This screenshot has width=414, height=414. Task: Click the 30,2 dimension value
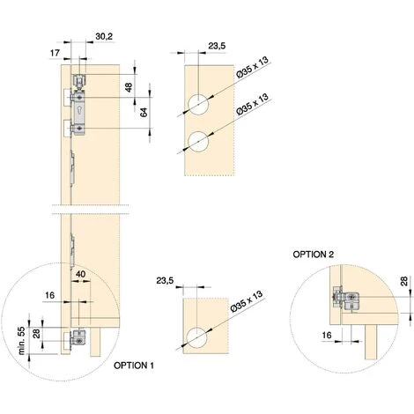(x=104, y=37)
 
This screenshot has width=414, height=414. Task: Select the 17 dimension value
(x=55, y=53)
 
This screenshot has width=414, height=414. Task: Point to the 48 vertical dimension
(x=129, y=87)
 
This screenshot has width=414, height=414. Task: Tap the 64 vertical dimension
(x=144, y=113)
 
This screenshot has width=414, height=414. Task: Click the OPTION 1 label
(x=134, y=366)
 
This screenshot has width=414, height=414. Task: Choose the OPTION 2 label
(x=314, y=255)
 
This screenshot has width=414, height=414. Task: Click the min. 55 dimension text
(x=22, y=341)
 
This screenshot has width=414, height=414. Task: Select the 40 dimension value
(x=81, y=274)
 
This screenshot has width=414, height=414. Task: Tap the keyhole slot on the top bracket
(x=80, y=110)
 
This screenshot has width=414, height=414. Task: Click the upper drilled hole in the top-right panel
(x=198, y=105)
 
